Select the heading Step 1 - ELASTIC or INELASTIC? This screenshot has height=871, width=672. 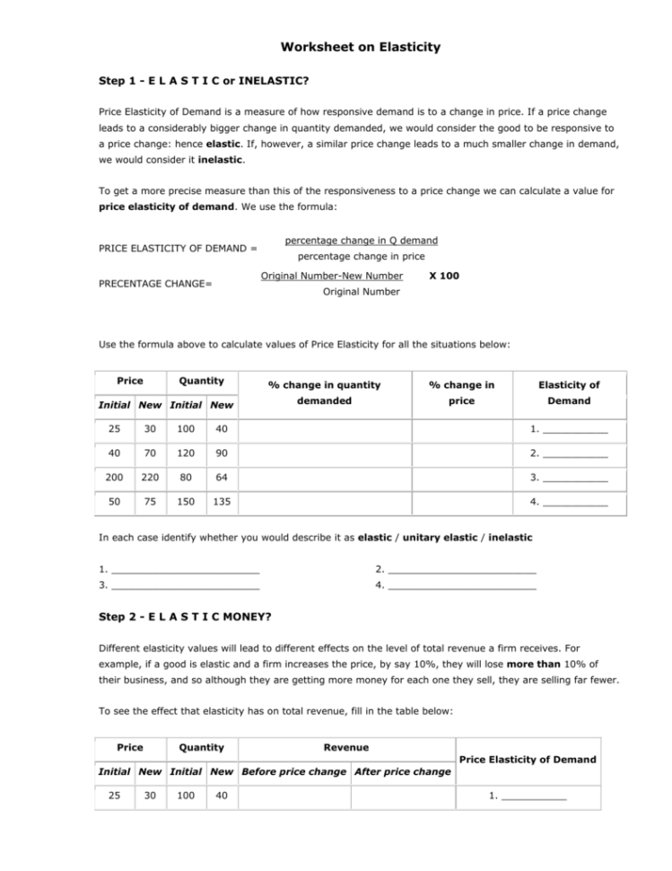point(204,81)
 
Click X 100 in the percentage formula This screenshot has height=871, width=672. point(444,276)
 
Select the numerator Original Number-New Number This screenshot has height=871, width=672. point(331,276)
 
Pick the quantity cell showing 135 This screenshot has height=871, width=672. point(221,503)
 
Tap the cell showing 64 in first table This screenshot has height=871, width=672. point(221,478)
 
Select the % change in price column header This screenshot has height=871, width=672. point(461,392)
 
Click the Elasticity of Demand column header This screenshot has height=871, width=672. point(569,392)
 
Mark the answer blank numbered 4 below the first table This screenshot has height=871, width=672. point(457,585)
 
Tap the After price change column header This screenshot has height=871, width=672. point(403,771)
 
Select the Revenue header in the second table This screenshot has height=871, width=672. point(345,746)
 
